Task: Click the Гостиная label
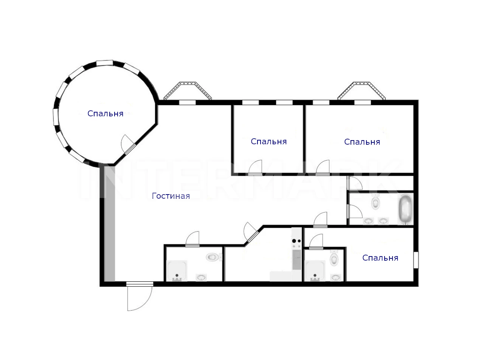171,196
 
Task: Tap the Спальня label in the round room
105,114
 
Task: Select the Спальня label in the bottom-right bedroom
380,258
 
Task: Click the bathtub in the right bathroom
405,209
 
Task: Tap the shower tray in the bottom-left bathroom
177,271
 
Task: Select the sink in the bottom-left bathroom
201,278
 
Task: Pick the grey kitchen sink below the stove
296,260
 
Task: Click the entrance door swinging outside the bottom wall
140,297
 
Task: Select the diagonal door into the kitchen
251,232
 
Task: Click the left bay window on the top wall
188,91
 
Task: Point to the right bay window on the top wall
361,91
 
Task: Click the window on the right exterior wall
416,260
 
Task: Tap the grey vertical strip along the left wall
110,224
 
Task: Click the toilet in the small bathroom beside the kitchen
334,258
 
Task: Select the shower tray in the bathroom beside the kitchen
315,271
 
